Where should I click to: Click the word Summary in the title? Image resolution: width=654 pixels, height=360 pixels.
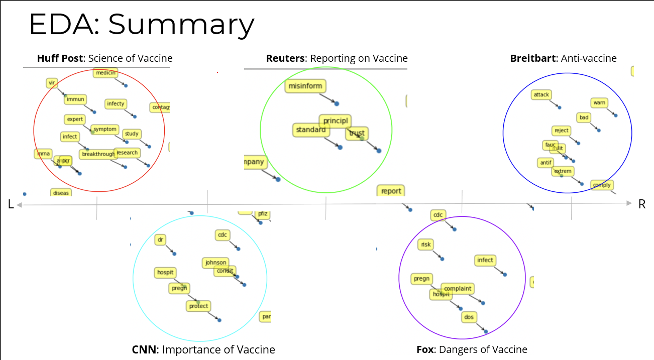(181, 24)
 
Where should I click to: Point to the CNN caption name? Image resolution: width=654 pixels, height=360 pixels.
(144, 350)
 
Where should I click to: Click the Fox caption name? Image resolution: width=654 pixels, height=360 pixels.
(425, 350)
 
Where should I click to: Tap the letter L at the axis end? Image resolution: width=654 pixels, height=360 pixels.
(11, 204)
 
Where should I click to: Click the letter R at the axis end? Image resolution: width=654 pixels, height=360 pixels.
(641, 204)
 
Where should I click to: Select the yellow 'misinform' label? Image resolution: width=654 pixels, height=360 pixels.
(305, 86)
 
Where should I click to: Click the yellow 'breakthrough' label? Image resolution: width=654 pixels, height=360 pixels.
(98, 154)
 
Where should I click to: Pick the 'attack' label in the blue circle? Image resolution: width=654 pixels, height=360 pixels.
(541, 94)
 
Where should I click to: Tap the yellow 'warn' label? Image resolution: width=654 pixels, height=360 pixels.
(599, 103)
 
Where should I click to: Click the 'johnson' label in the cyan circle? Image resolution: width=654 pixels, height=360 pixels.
(216, 263)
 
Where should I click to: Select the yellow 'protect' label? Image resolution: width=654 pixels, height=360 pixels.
(198, 306)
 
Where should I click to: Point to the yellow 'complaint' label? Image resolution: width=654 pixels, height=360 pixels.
(458, 289)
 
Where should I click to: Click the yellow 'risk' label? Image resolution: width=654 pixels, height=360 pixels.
(425, 245)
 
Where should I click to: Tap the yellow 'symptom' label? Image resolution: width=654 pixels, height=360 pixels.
(105, 130)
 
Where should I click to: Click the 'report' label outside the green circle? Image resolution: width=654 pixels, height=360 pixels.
(391, 191)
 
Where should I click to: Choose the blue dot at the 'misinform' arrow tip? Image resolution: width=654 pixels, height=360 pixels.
(337, 103)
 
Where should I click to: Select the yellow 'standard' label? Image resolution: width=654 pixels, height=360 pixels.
(311, 130)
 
